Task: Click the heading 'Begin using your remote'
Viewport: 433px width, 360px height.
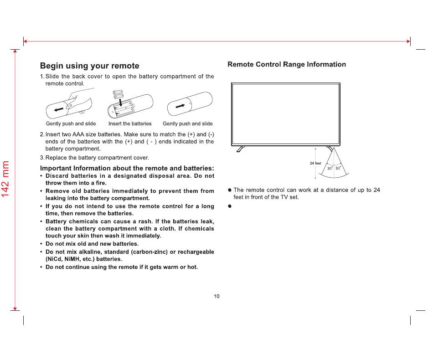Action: coord(89,66)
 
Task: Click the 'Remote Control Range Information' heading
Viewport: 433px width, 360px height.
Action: coord(287,64)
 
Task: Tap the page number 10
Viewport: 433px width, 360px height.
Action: coord(216,296)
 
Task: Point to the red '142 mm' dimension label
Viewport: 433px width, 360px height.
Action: coord(5,179)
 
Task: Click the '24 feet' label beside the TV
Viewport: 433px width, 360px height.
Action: coord(315,163)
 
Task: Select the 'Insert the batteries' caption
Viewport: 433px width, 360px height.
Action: coord(130,123)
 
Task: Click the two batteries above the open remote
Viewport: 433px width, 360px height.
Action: coord(119,94)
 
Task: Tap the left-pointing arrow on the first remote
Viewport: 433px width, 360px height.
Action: coord(59,110)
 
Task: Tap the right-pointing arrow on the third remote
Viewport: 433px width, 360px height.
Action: coord(180,106)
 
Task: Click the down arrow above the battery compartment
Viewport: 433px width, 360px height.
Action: coord(121,103)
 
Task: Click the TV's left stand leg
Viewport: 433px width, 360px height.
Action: coord(241,149)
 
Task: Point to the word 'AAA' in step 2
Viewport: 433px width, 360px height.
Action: coord(78,134)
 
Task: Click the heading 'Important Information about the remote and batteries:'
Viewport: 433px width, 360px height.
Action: coord(127,168)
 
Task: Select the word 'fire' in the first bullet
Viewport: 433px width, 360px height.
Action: coord(100,183)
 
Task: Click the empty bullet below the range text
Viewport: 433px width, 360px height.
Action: coord(230,206)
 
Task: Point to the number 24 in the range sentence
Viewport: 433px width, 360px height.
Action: coord(376,190)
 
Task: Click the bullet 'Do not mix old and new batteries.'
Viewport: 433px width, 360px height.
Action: coord(92,244)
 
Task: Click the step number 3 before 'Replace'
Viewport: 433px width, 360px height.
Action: coord(41,158)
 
